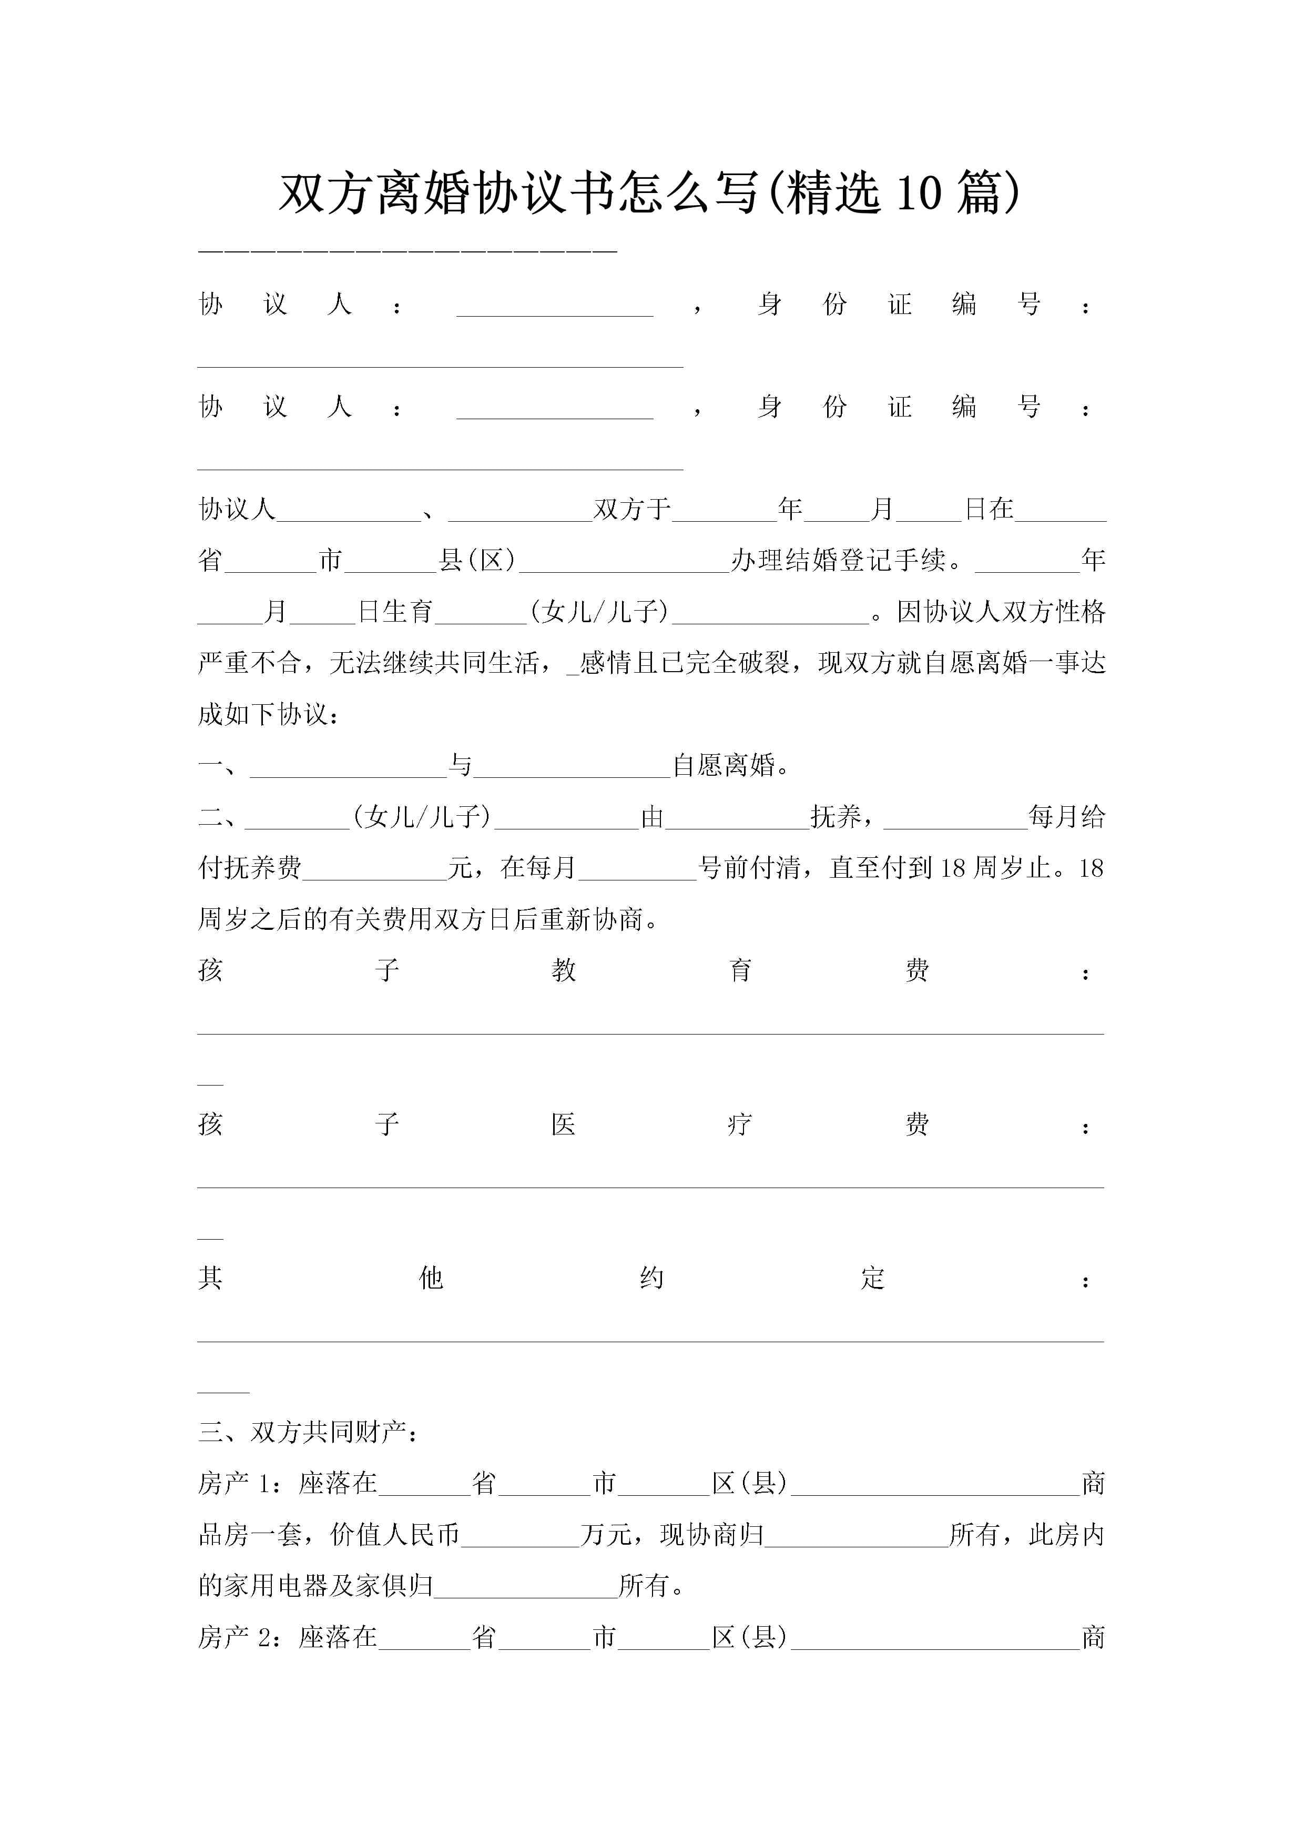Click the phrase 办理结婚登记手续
(x=838, y=560)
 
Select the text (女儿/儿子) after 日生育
(x=598, y=612)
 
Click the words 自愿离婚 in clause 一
(x=725, y=765)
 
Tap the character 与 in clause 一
(x=460, y=765)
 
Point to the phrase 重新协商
(x=592, y=919)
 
